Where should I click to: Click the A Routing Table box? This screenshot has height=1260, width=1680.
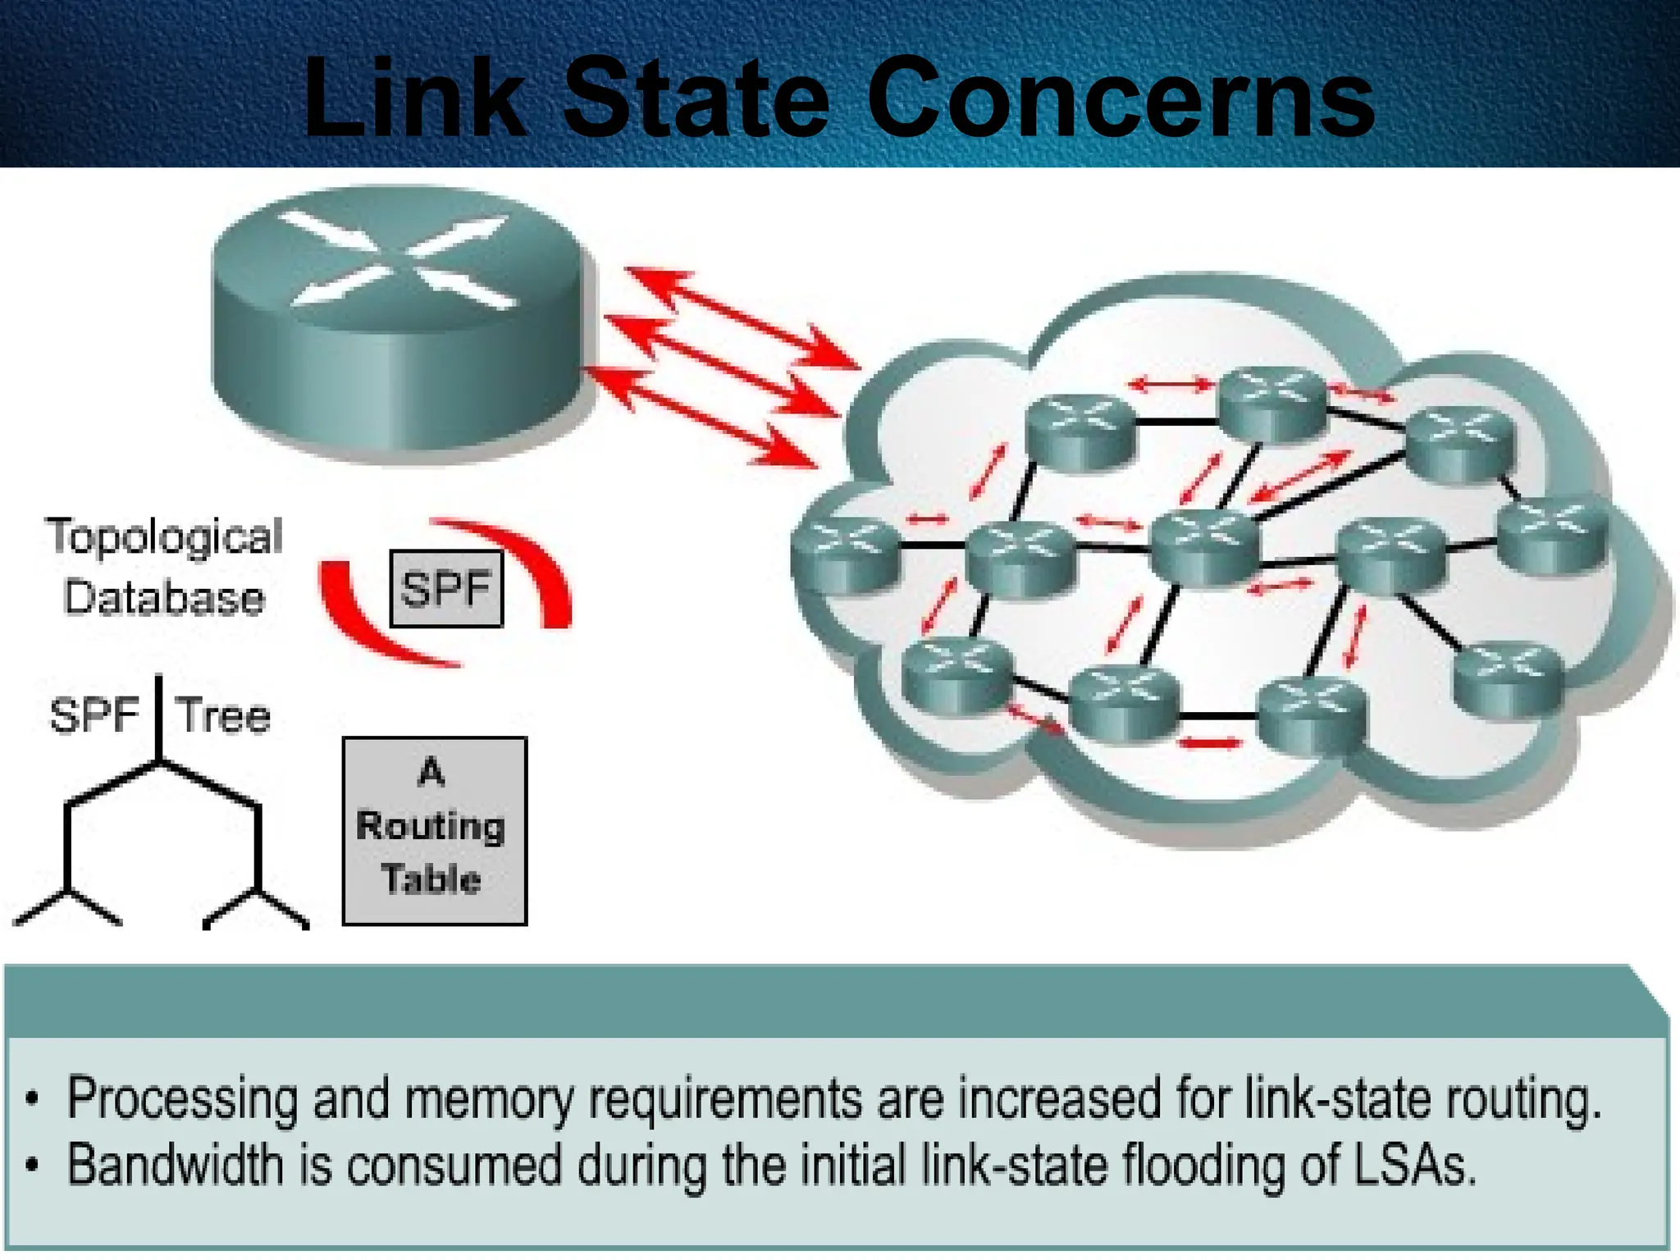(x=434, y=830)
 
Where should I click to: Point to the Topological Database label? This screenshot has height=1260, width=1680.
(x=164, y=566)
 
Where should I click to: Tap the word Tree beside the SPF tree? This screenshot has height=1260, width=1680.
(x=223, y=715)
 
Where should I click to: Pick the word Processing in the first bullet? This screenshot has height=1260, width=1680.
(x=182, y=1099)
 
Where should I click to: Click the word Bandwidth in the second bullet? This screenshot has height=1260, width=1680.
(x=175, y=1165)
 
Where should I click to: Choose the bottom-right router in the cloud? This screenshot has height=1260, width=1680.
(x=1508, y=678)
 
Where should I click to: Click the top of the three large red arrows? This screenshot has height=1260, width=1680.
(x=738, y=316)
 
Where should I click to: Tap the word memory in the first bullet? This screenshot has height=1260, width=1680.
(x=489, y=1099)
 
